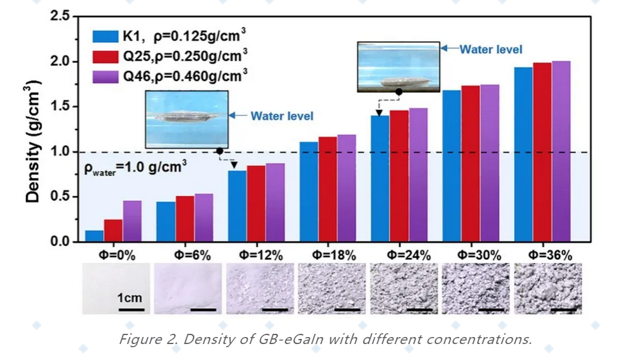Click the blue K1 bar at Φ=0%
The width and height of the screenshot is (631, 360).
click(x=94, y=236)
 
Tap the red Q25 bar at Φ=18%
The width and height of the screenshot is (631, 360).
click(x=328, y=189)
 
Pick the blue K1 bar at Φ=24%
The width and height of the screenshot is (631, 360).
click(x=380, y=178)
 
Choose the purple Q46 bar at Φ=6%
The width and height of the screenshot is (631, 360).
click(x=204, y=218)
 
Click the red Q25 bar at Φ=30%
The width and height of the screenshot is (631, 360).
click(x=471, y=163)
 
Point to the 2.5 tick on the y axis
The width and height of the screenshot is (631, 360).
click(x=61, y=16)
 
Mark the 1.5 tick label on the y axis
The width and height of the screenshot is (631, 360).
click(x=61, y=107)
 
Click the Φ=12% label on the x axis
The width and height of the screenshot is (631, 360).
click(x=261, y=255)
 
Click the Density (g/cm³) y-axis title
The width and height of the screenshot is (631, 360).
click(x=33, y=139)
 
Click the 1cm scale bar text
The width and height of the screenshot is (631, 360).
click(x=130, y=297)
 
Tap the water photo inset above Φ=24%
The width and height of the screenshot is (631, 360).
click(x=399, y=66)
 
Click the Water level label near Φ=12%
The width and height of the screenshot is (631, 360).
click(x=282, y=116)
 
